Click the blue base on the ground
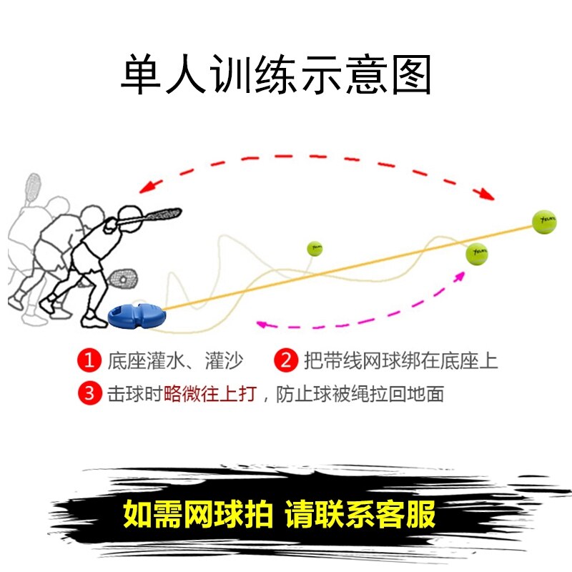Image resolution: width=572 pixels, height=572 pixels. point(136,315)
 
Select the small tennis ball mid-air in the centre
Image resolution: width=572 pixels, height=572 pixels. point(315,249)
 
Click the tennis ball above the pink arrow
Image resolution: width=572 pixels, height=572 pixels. point(476,253)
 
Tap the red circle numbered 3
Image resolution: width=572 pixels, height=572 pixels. point(89,393)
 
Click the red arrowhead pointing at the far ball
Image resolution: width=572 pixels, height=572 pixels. point(486,193)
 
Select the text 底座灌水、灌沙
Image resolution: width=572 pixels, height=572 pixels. point(172,360)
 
